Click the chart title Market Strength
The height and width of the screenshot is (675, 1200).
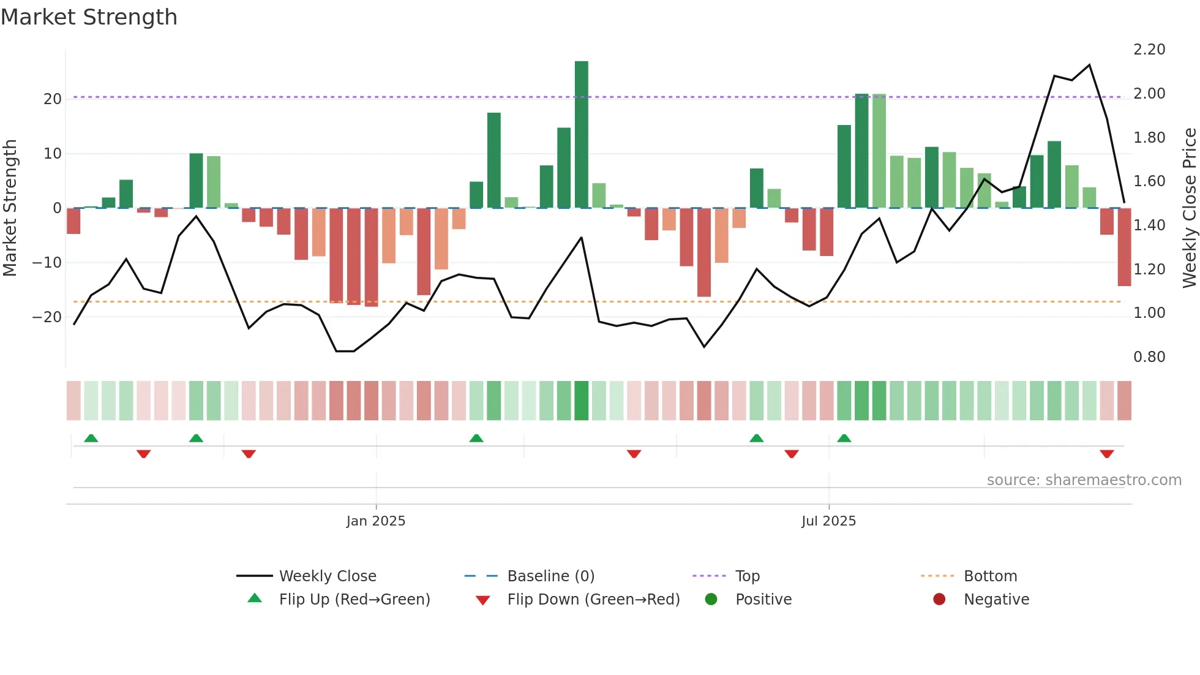tap(89, 17)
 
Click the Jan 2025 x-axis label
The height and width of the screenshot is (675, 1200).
tap(375, 521)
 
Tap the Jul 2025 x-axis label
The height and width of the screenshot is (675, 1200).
tap(828, 521)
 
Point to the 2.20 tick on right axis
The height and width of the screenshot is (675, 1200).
tap(1149, 50)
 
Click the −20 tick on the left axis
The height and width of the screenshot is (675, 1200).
tap(47, 317)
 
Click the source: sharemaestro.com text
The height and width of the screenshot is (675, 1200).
tap(1084, 480)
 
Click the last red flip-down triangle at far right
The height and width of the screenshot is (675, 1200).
tap(1106, 454)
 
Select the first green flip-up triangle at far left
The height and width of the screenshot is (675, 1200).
tap(91, 438)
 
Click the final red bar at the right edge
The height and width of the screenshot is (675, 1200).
tap(1124, 247)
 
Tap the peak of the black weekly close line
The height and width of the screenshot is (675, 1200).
tap(1089, 65)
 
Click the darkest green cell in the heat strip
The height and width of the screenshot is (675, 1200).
tap(581, 401)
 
